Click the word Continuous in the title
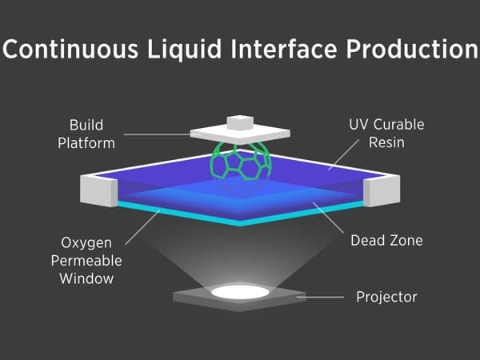[70, 49]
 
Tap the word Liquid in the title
[184, 50]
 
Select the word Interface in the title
[284, 49]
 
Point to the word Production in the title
[412, 49]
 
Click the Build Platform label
[86, 134]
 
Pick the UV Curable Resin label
[386, 134]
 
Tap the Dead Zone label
[386, 240]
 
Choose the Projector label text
[386, 297]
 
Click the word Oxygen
[86, 244]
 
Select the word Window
[86, 278]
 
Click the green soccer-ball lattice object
[241, 161]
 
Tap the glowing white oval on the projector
[240, 292]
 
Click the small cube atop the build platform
[240, 122]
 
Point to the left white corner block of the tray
[98, 190]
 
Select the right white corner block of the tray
[382, 190]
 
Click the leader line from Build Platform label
[157, 134]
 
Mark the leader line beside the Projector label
[320, 297]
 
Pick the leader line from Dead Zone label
[328, 218]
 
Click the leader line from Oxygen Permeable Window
[142, 227]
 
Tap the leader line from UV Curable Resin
[343, 155]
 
